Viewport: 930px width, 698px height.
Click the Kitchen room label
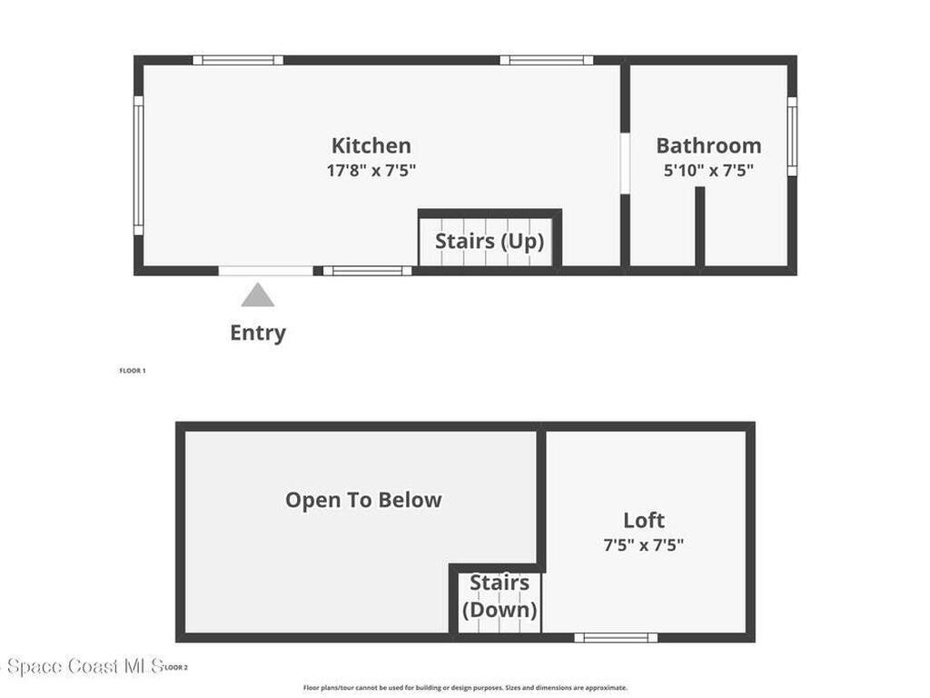click(371, 145)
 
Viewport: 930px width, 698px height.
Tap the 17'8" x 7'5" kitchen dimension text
click(371, 170)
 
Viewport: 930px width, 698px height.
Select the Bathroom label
click(708, 145)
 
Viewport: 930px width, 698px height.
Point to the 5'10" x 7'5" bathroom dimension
click(708, 170)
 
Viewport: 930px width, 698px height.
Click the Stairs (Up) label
click(490, 241)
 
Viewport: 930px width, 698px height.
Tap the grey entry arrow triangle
click(258, 295)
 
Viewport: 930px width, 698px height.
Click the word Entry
click(258, 333)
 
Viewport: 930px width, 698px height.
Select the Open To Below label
click(363, 500)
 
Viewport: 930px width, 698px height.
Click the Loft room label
click(644, 521)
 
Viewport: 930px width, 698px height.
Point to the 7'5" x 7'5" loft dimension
click(644, 545)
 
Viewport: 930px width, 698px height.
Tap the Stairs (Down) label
click(500, 596)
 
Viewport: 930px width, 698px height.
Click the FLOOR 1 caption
click(133, 371)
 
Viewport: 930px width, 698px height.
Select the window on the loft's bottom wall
click(616, 637)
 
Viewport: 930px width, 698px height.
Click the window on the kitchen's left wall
click(138, 165)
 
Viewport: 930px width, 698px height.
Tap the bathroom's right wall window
click(792, 136)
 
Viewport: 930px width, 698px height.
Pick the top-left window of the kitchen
click(238, 60)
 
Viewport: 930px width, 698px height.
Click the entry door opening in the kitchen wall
click(265, 270)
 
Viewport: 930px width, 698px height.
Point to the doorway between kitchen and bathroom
click(625, 163)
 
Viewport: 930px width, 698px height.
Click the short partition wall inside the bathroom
click(699, 227)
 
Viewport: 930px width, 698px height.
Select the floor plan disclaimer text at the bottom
click(465, 688)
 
